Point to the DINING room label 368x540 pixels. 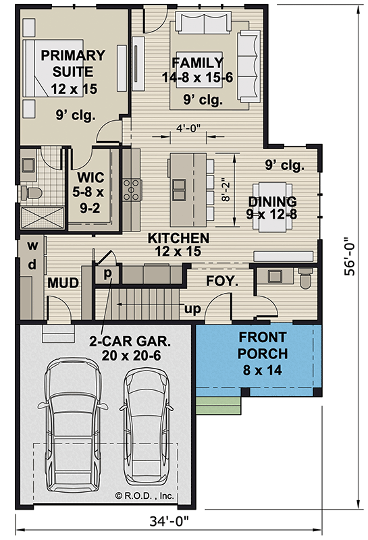tap(272, 202)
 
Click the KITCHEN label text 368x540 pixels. tap(178, 238)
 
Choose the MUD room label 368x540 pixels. tap(62, 282)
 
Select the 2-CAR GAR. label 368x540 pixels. tap(130, 342)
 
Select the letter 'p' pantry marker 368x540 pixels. tap(107, 274)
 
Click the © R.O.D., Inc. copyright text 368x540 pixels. tap(144, 495)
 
